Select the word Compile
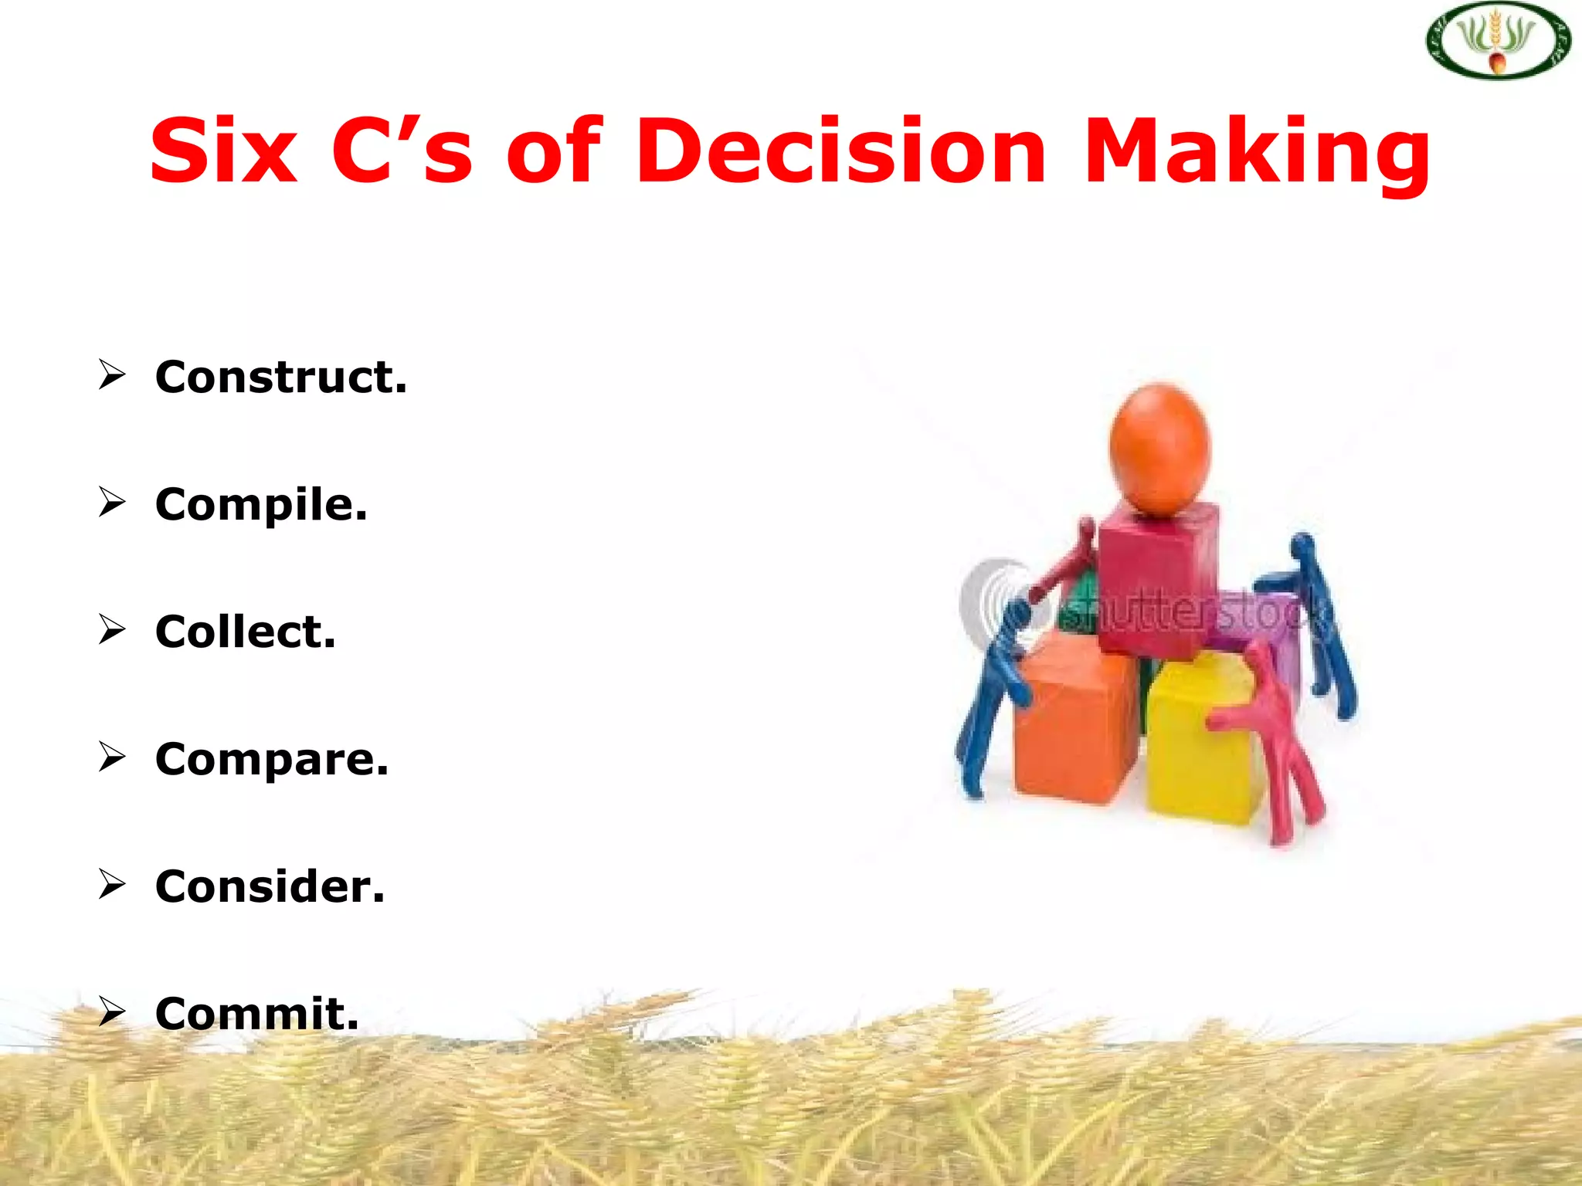[x=260, y=505]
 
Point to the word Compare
[x=271, y=759]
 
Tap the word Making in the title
[x=1257, y=152]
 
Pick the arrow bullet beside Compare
[x=112, y=757]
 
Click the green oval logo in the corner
[x=1498, y=40]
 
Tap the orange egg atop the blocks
[x=1159, y=448]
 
